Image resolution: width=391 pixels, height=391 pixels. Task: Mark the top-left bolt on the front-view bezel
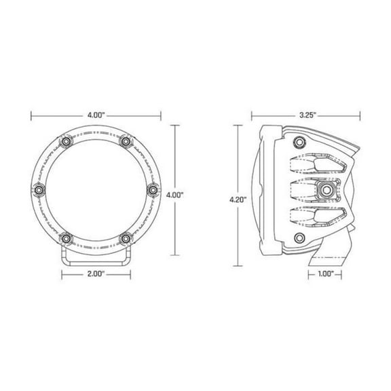coord(67,141)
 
